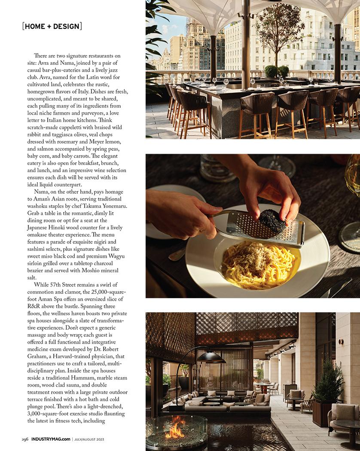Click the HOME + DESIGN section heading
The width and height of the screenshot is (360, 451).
[x=52, y=27]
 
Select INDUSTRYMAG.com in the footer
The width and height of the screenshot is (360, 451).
[x=50, y=439]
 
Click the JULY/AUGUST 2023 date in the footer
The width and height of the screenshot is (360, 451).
[x=89, y=439]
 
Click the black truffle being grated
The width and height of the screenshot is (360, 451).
[x=271, y=221]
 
